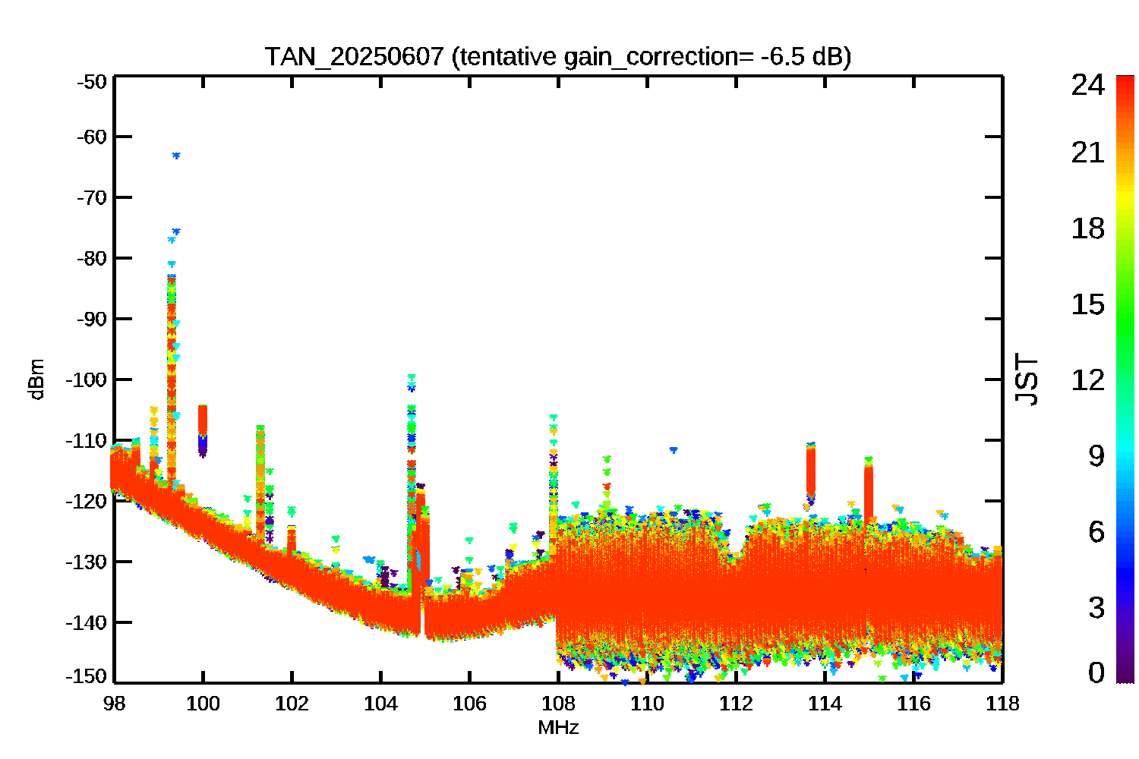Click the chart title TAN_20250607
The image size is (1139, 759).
click(354, 56)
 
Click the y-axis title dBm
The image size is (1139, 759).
click(36, 379)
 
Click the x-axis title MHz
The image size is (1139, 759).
click(558, 728)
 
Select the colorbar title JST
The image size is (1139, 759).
click(1027, 379)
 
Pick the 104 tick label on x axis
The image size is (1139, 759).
click(380, 704)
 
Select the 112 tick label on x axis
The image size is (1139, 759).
click(736, 704)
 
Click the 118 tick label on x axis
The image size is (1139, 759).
click(1002, 704)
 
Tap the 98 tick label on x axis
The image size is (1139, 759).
click(114, 704)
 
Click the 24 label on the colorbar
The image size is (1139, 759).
click(1087, 85)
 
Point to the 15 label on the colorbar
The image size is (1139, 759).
click(1087, 304)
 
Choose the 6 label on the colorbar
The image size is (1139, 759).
click(1096, 532)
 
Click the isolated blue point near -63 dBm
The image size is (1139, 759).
click(176, 156)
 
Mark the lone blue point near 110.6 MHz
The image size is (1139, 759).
click(673, 450)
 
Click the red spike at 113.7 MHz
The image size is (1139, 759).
click(811, 471)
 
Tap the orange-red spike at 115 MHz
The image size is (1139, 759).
click(869, 490)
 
